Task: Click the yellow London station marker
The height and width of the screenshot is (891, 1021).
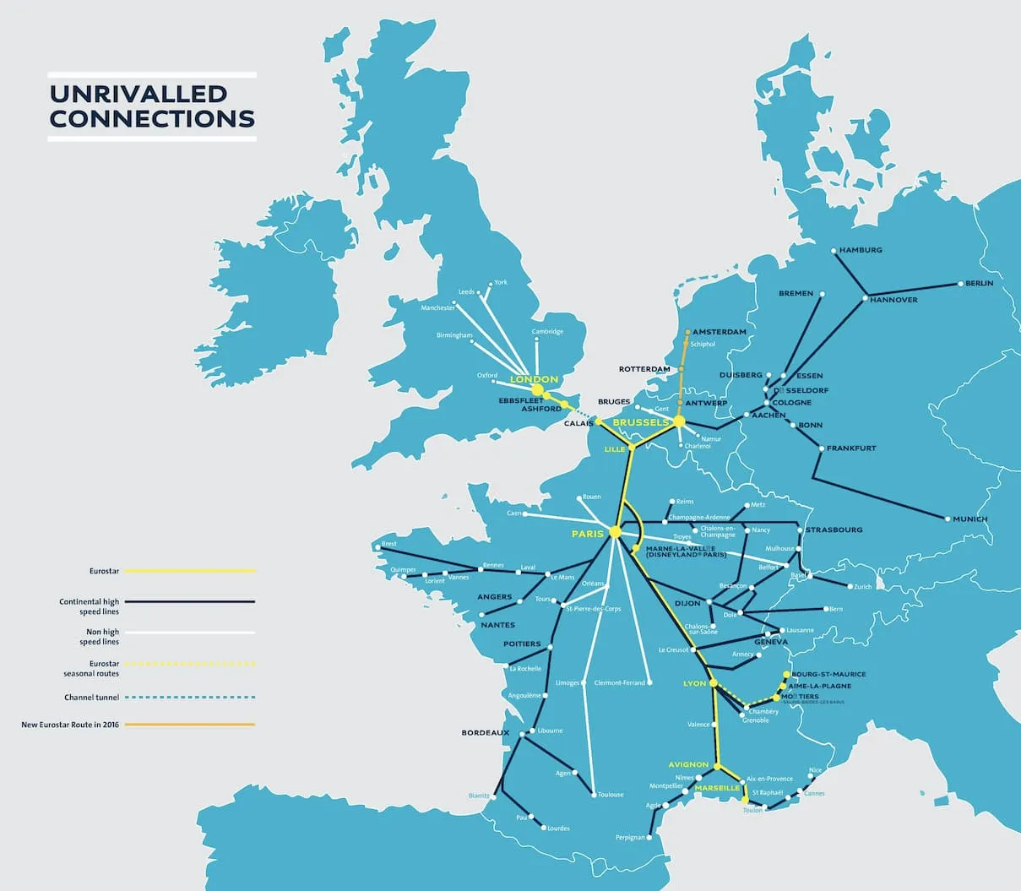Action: click(537, 389)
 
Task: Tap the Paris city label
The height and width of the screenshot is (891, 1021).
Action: click(587, 534)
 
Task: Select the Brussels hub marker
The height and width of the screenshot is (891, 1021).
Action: click(678, 421)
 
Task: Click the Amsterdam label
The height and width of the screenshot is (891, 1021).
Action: click(720, 332)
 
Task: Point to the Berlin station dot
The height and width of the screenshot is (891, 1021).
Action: click(959, 285)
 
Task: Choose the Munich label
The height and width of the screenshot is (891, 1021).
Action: click(969, 519)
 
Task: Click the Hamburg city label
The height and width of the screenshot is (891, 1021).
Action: click(861, 250)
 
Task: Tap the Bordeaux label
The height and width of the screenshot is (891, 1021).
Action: click(486, 732)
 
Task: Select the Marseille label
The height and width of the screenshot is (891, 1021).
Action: click(717, 787)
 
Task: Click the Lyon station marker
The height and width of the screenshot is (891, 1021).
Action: click(714, 682)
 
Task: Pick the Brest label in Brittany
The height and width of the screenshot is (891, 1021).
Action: click(388, 544)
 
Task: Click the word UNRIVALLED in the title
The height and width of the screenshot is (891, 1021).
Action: click(138, 94)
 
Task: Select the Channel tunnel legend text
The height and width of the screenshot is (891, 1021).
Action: click(91, 698)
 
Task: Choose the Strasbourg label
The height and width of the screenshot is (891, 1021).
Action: click(834, 530)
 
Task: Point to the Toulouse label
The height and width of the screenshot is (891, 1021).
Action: click(611, 795)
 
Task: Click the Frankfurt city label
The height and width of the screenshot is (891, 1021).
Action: click(851, 448)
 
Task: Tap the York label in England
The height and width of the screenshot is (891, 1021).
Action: click(501, 282)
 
